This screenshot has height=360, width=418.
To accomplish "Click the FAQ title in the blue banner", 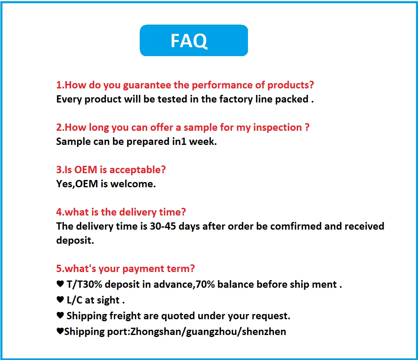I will coord(189,40).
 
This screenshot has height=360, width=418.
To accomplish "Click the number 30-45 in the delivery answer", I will coord(163,226).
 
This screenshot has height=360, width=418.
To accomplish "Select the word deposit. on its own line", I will coord(75,241).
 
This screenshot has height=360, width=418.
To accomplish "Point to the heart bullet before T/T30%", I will coord(60,285).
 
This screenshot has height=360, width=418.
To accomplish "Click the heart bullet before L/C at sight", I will coord(60,300).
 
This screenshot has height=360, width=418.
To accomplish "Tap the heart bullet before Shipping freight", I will coord(60,316).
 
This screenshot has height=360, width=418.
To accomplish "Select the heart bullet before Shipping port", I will coord(60,332).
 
